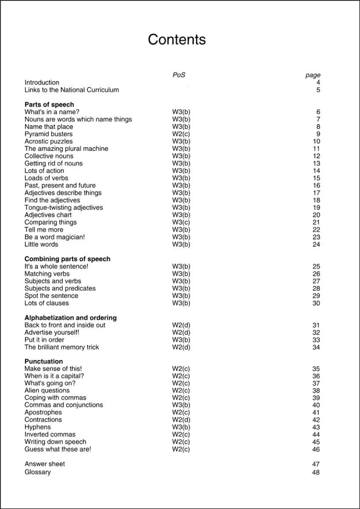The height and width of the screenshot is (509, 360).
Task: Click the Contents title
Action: [176, 40]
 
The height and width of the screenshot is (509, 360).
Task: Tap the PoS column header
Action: [179, 75]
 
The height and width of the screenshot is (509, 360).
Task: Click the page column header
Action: [313, 75]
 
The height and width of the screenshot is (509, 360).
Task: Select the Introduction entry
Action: [42, 83]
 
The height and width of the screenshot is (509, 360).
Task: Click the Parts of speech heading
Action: [49, 105]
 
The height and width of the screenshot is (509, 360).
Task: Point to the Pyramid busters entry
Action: [48, 134]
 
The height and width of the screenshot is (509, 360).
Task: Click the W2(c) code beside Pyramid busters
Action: [181, 134]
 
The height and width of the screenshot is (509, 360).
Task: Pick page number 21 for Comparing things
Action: [316, 222]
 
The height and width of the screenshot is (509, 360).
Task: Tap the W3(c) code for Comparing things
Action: [181, 222]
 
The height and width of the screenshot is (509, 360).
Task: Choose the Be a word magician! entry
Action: [54, 237]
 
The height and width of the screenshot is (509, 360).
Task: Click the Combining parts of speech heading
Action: [67, 259]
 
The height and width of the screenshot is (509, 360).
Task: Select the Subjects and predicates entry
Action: [60, 289]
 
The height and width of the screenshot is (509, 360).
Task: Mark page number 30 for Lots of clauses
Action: [316, 303]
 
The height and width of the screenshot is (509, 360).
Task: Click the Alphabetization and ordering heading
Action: [70, 318]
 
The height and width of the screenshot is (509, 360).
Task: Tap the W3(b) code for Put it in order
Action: [181, 340]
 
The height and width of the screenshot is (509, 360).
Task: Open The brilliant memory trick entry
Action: [61, 347]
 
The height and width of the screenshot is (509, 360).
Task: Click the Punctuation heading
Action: [43, 361]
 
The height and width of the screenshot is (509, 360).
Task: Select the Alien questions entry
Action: [47, 390]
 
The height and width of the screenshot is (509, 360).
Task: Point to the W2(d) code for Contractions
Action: [181, 420]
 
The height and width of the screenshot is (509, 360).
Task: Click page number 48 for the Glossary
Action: [316, 473]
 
